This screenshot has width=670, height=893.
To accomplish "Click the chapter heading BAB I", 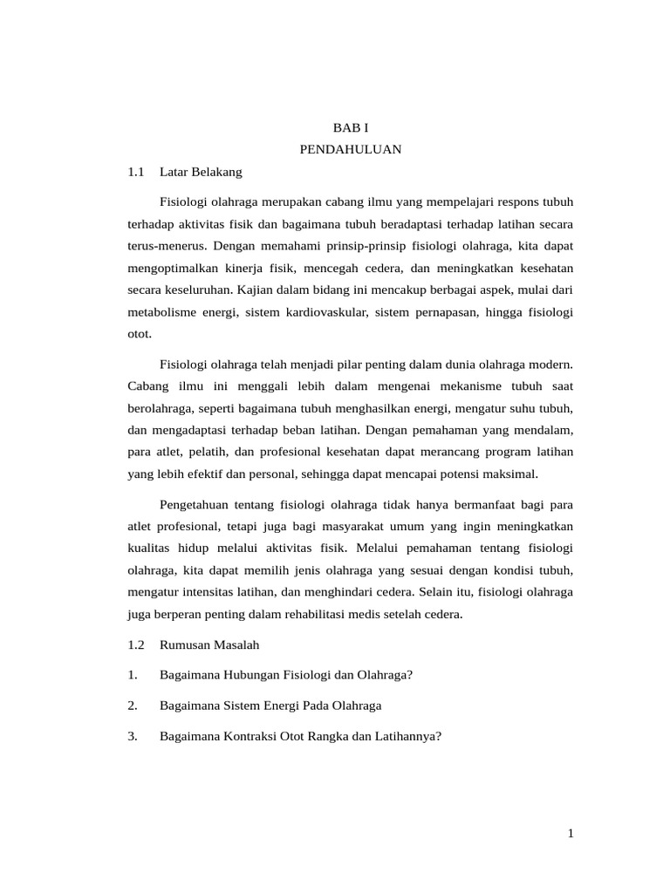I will pyautogui.click(x=351, y=126).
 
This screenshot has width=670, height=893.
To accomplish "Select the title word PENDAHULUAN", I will pyautogui.click(x=351, y=149).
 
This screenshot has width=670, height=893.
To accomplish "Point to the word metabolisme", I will pyautogui.click(x=161, y=311).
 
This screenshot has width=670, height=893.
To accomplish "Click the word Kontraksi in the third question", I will pyautogui.click(x=244, y=736).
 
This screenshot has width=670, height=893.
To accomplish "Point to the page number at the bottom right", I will pyautogui.click(x=571, y=835).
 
